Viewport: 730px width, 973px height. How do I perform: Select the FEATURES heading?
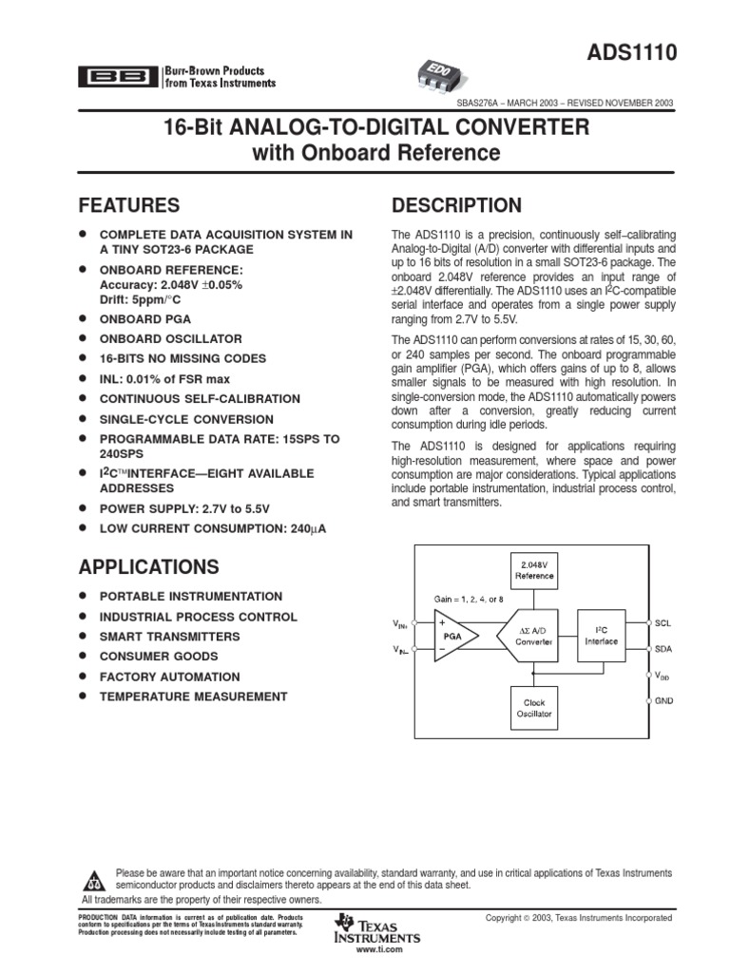[x=129, y=205]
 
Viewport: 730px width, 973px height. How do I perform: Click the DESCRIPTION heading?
[x=456, y=205]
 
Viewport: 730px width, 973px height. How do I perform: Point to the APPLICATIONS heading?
[x=148, y=567]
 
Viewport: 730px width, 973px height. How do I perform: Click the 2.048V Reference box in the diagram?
[x=534, y=569]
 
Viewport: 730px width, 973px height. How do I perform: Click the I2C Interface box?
[x=601, y=636]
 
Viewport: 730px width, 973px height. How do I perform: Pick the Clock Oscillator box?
[x=534, y=707]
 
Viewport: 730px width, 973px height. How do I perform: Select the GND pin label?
[x=663, y=699]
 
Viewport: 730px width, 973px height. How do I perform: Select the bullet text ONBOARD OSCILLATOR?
[x=171, y=338]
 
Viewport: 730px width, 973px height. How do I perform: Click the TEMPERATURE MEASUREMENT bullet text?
[x=193, y=696]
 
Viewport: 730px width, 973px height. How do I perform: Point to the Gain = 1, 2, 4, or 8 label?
[x=470, y=599]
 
